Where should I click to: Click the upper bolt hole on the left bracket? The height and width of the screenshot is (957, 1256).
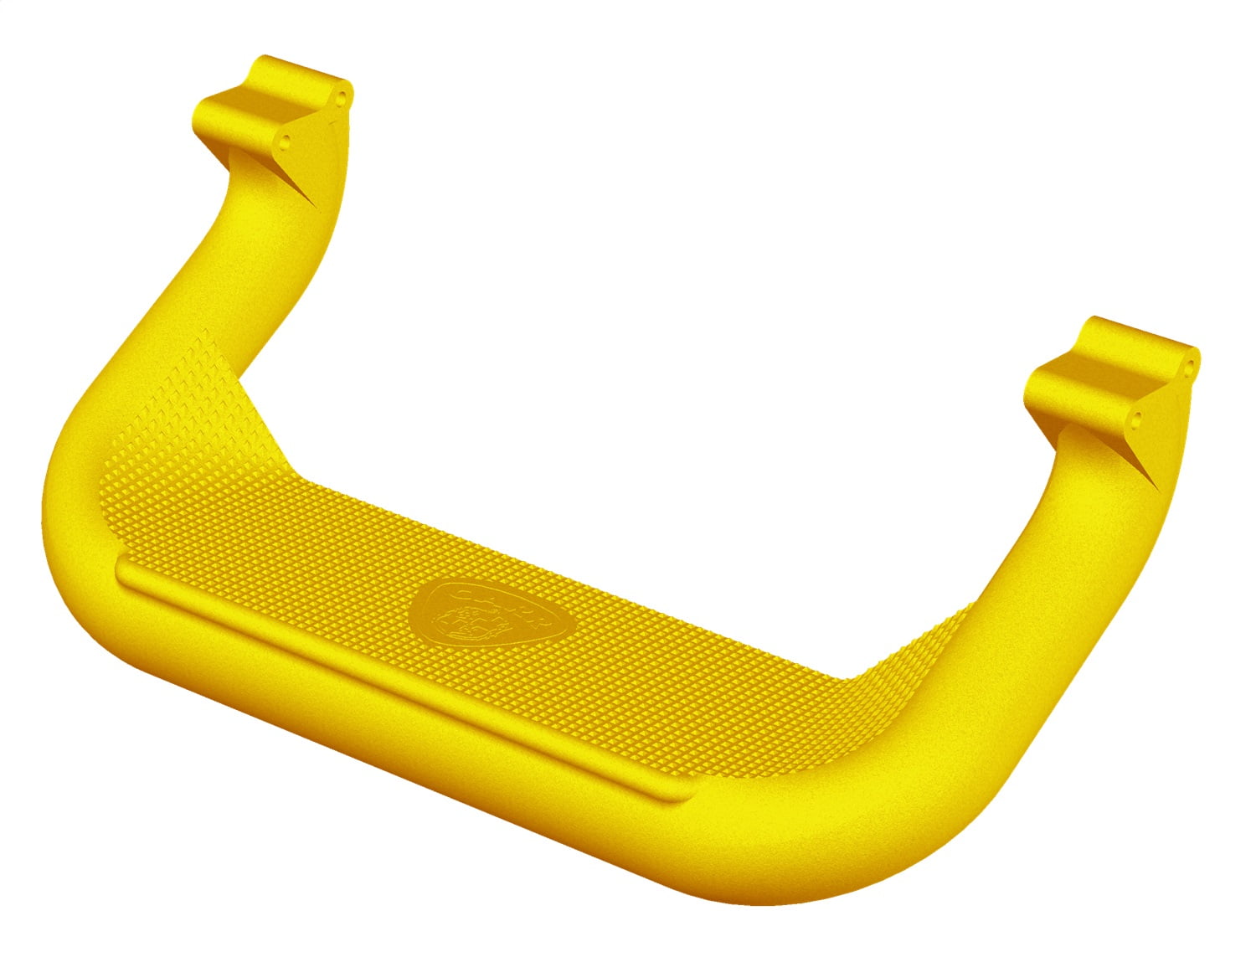click(341, 97)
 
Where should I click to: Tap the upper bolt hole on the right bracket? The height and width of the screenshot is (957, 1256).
click(1190, 366)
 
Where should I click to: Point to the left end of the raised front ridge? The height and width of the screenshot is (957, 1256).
click(124, 572)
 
